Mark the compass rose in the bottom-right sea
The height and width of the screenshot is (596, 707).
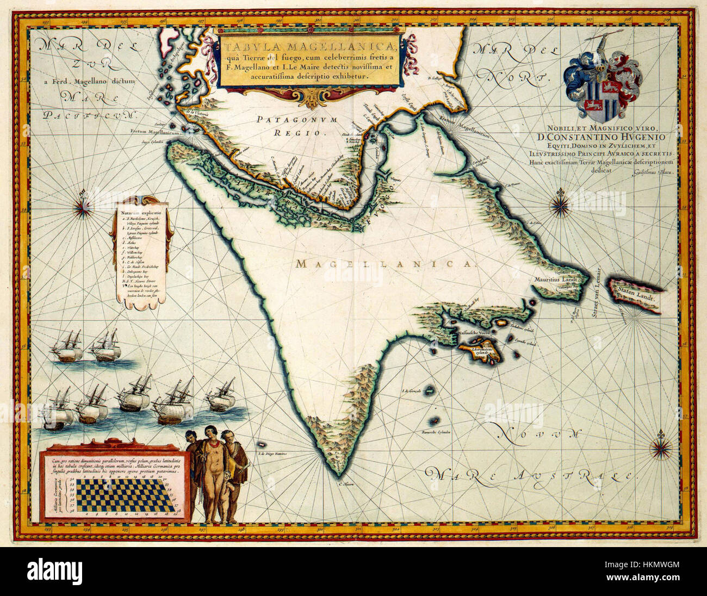pyautogui.click(x=662, y=446)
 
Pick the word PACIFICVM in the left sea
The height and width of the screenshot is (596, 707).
pyautogui.click(x=89, y=115)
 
